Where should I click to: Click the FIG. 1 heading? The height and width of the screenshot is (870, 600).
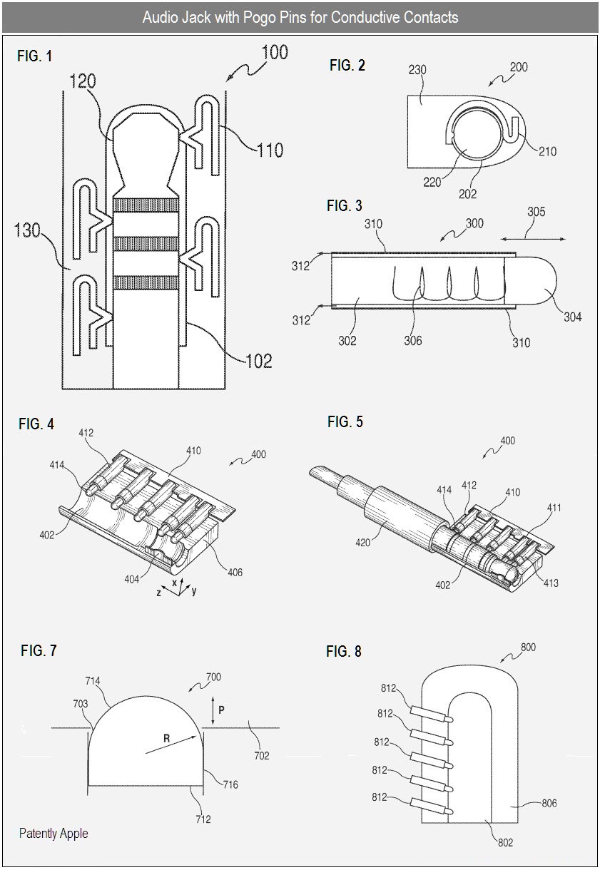pos(34,56)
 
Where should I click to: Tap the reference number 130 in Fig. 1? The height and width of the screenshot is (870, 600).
pos(27,230)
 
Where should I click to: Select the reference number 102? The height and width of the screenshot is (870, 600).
pos(259,362)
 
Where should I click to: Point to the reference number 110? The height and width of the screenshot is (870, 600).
pos(270,150)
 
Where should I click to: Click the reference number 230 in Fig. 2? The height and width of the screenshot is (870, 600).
pos(417,69)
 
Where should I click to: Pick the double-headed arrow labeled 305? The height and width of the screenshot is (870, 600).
pos(533,240)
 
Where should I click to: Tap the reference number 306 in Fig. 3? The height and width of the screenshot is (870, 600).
pos(412,341)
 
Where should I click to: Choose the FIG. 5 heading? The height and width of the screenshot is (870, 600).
pos(345,421)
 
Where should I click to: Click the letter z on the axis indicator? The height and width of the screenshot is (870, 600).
pos(158,593)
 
